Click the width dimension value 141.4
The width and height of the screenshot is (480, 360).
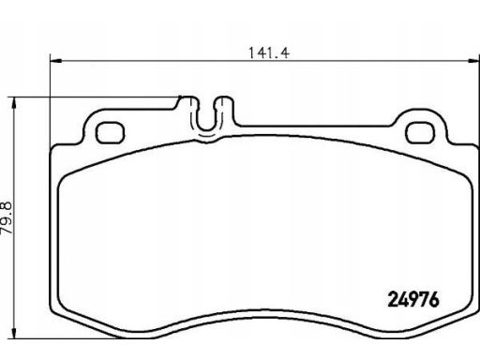tap(269, 52)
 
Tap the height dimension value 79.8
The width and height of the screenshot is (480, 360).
tap(7, 218)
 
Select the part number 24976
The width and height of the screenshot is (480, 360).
tap(413, 300)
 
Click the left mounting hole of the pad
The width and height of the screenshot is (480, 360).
tap(110, 133)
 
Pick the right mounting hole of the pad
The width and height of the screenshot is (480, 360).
tap(420, 133)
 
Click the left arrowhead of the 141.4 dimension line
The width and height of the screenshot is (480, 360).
tap(56, 61)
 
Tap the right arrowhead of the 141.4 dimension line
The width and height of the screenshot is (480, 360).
tap(472, 61)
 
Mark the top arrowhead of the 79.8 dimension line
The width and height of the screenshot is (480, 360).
tap(13, 103)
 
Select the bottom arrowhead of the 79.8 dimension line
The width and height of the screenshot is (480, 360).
tap(13, 332)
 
